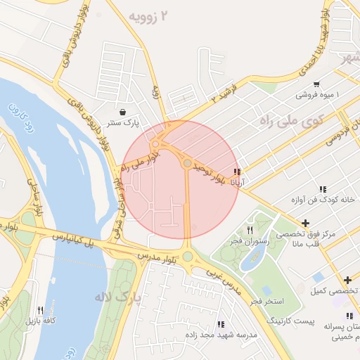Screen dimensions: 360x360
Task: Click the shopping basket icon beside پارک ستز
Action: pyautogui.click(x=124, y=112)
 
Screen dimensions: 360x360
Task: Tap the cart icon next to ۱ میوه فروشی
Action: pyautogui.click(x=316, y=83)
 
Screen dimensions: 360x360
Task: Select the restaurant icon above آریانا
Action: pyautogui.click(x=238, y=171)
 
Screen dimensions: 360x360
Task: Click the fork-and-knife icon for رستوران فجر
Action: pyautogui.click(x=250, y=231)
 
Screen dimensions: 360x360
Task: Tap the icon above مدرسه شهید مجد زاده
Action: pyautogui.click(x=221, y=324)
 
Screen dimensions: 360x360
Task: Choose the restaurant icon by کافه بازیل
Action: pyautogui.click(x=41, y=310)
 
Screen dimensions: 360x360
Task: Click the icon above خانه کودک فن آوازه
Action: pyautogui.click(x=322, y=189)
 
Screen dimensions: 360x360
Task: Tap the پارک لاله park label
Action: pyautogui.click(x=117, y=297)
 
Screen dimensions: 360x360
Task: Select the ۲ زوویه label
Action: pyautogui.click(x=150, y=15)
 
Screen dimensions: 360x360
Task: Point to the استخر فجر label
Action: pyautogui.click(x=266, y=301)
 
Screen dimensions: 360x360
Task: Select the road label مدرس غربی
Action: pyautogui.click(x=224, y=280)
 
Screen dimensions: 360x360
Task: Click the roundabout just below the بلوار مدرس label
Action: pyautogui.click(x=187, y=255)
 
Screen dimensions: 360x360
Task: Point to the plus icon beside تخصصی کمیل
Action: pyautogui.click(x=347, y=280)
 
